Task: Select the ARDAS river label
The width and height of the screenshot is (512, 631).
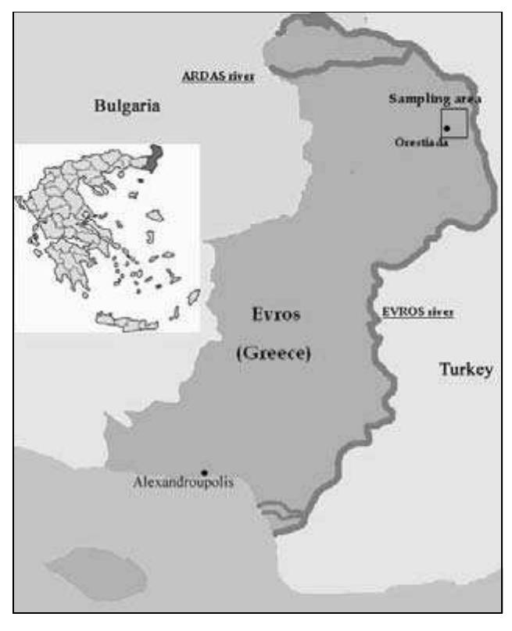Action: coord(218,78)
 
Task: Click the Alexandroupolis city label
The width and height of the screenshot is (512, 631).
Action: coord(183,483)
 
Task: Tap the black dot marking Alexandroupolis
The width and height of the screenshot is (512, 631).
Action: coord(204,472)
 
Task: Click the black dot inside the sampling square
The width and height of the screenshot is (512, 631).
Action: coord(446,127)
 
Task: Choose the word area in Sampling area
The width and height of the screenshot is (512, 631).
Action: coord(467,99)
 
